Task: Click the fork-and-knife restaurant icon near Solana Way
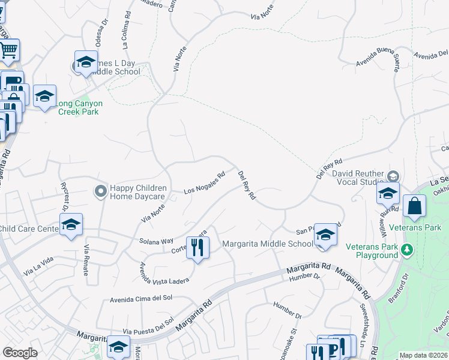pos(197,247)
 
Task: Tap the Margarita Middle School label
pos(268,244)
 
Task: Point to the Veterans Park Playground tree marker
pos(408,249)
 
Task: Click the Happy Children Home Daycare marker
pos(100,191)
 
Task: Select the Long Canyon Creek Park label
pos(79,107)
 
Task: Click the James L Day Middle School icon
pos(86,62)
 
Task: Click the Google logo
pos(20,353)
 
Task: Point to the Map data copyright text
pos(424,355)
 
